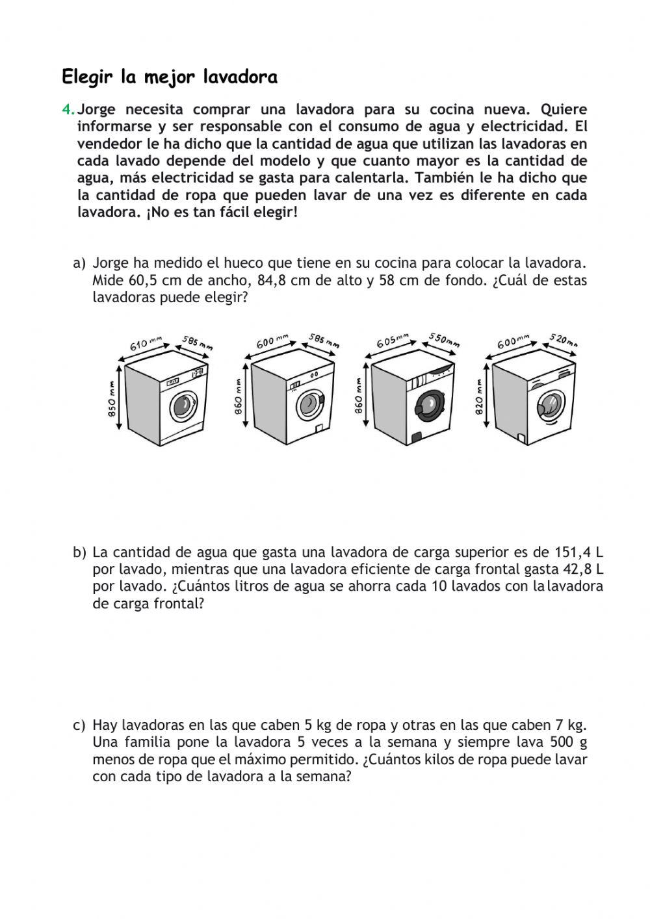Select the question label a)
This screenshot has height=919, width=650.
tap(79, 263)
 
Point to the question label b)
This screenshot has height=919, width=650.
tap(79, 552)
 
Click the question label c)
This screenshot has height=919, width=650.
tap(79, 725)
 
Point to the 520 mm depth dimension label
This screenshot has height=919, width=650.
tap(563, 340)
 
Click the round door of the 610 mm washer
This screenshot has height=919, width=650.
tap(183, 407)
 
